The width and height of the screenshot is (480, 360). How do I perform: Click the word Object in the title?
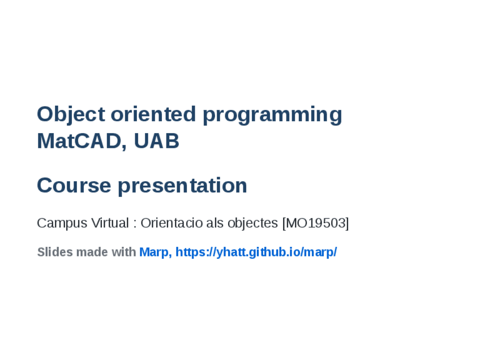click(71, 115)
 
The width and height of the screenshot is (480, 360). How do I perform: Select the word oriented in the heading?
click(153, 114)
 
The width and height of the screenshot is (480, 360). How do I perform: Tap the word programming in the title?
click(272, 115)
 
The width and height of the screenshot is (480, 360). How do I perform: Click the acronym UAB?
click(156, 141)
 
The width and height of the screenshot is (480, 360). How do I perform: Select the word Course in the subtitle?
click(74, 186)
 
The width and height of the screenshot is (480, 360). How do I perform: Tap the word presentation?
click(182, 186)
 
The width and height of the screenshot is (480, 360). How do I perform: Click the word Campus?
click(62, 224)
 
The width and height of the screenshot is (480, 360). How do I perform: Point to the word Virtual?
click(110, 223)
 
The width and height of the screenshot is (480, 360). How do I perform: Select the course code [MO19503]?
click(316, 223)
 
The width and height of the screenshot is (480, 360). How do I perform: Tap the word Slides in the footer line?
click(55, 252)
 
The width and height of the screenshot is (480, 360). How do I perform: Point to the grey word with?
click(123, 252)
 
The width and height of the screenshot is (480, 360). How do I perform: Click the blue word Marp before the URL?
click(153, 252)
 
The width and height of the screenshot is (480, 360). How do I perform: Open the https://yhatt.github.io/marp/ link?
click(256, 252)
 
